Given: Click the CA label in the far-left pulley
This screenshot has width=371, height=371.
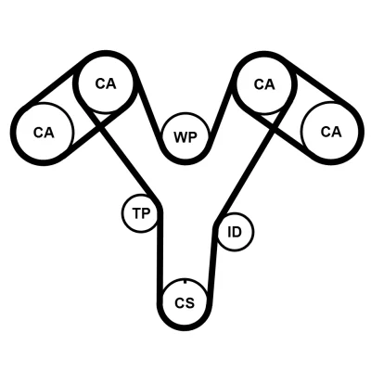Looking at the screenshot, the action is point(44,133).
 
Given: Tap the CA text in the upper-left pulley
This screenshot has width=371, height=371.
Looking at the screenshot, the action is point(106,83).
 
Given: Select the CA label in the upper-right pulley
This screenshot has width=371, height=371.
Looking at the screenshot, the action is point(264,84).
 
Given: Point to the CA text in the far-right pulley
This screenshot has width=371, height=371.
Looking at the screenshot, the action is point(331,132).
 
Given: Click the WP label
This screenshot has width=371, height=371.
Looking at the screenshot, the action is point(185,137).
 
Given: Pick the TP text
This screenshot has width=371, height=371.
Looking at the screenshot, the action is point(141,213).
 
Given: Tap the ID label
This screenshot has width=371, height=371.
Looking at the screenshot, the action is point(235,232).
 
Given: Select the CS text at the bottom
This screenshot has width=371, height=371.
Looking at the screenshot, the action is point(185,303).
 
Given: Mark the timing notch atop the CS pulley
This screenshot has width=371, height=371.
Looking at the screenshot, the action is point(185,281).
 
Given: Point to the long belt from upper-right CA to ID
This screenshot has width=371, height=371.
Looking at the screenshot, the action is point(247,164).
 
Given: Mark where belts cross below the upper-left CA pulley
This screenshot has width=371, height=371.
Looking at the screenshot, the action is point(99,121).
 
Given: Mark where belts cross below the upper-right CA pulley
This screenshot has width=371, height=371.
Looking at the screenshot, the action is point(272,122).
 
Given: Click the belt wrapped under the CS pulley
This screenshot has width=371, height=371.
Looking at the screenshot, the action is point(185,326).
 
